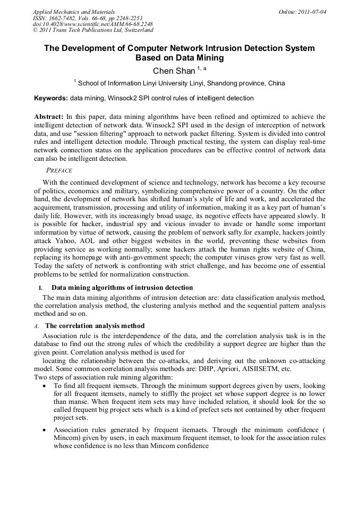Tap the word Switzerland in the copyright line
(134, 30)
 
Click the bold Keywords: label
(51, 98)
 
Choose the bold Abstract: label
(49, 116)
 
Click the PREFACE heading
(59, 170)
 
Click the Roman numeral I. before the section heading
(40, 288)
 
